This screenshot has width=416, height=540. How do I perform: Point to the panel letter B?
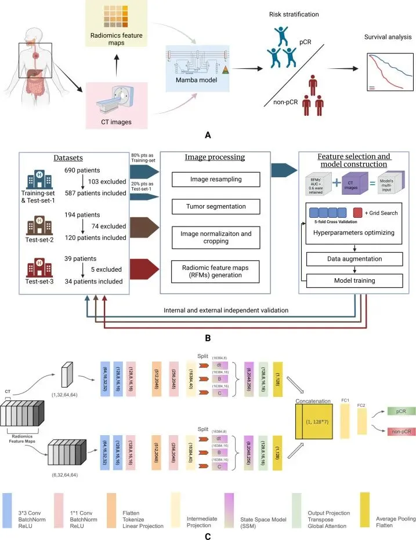[x=208, y=335]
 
